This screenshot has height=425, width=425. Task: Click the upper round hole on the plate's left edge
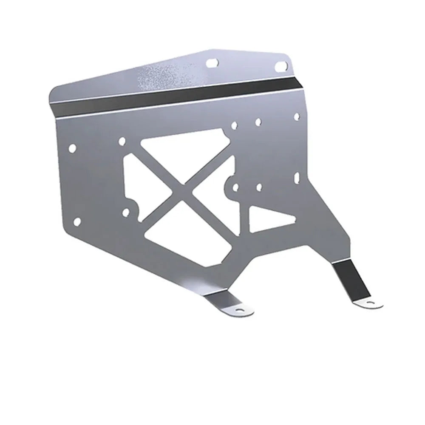72,148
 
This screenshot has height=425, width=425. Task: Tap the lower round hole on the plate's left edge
77,221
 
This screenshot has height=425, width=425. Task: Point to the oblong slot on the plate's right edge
297,176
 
